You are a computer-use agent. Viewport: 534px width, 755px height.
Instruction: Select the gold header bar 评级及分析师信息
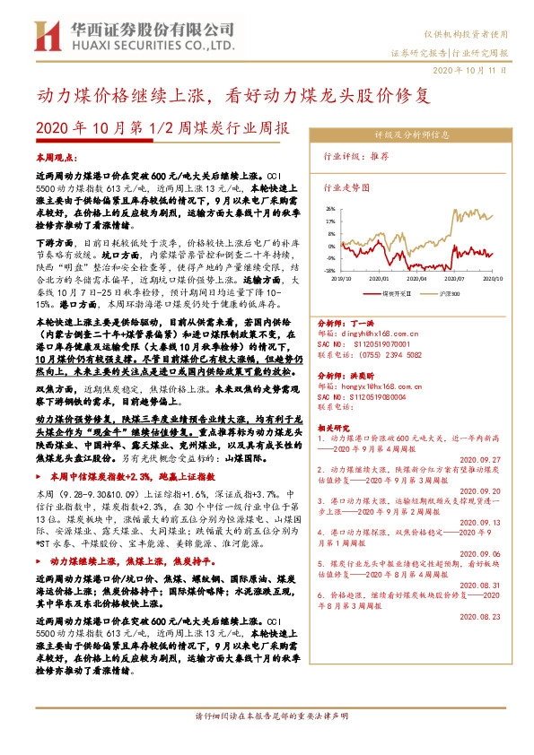(411, 135)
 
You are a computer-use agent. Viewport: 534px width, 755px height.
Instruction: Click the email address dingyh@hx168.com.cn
(370, 334)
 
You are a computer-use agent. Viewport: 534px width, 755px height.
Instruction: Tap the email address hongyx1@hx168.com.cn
(371, 383)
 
